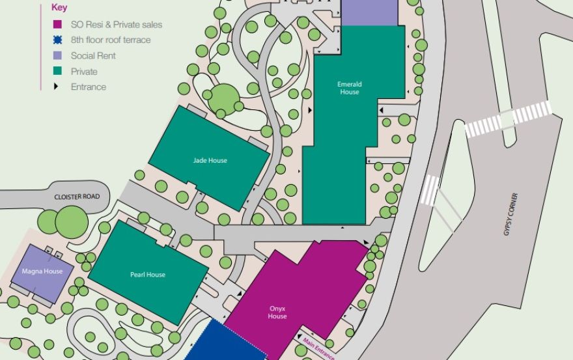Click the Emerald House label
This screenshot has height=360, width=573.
coord(349,88)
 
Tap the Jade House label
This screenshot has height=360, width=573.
coord(210,160)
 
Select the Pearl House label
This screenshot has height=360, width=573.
coord(147,275)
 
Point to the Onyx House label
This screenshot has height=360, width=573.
coord(277,312)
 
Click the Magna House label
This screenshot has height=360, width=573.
coord(42,271)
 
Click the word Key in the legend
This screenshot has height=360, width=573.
coord(59,8)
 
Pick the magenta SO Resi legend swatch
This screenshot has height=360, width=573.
coord(57,25)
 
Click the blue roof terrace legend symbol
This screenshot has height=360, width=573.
coord(57,40)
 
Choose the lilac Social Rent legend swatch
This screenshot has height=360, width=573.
coord(57,55)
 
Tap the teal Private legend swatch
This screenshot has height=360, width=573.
coord(57,71)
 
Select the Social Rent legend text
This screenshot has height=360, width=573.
coord(93,55)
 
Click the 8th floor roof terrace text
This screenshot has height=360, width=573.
coord(110,40)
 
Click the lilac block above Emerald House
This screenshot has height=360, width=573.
coord(369,12)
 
